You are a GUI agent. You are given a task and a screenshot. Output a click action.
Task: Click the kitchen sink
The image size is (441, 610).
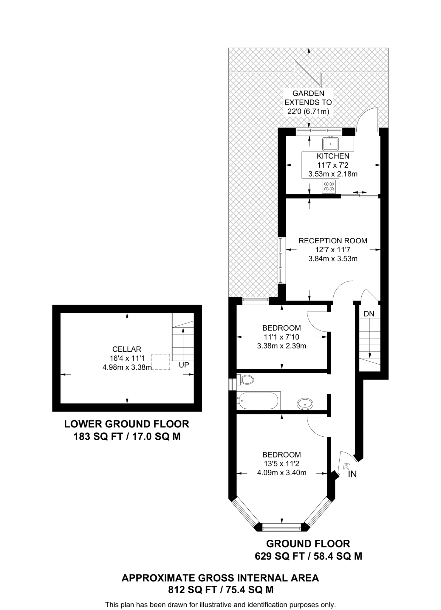click(x=330, y=144)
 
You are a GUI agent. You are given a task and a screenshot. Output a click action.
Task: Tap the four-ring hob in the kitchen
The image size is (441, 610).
click(x=330, y=186)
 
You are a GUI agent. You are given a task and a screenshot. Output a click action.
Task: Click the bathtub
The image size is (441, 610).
click(x=258, y=401)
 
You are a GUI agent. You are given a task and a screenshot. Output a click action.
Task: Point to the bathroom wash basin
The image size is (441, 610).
click(x=305, y=404)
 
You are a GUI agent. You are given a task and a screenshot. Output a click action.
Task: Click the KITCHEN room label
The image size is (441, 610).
click(x=333, y=156)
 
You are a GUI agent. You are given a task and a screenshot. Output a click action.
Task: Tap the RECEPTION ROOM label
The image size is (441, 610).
click(x=333, y=241)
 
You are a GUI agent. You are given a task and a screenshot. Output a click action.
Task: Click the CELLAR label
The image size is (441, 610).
click(x=127, y=349)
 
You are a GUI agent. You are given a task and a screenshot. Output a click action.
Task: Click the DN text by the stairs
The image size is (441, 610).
click(x=369, y=314)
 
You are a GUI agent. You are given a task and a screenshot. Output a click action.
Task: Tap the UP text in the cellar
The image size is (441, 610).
click(x=184, y=365)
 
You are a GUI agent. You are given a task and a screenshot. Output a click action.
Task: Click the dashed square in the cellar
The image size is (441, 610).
click(x=161, y=362)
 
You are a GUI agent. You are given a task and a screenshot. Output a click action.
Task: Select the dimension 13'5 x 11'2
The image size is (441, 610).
click(x=281, y=464)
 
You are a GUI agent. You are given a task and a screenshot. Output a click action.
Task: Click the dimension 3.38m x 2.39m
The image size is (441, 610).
click(x=281, y=346)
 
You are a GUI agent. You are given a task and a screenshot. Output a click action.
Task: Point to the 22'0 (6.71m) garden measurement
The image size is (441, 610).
click(x=308, y=112)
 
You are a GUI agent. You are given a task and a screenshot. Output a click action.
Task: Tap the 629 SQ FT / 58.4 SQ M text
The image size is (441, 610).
click(x=308, y=556)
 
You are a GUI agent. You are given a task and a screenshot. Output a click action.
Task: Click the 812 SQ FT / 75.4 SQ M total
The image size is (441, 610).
click(x=220, y=590)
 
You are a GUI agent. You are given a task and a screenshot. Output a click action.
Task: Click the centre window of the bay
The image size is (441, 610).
click(x=282, y=529)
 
